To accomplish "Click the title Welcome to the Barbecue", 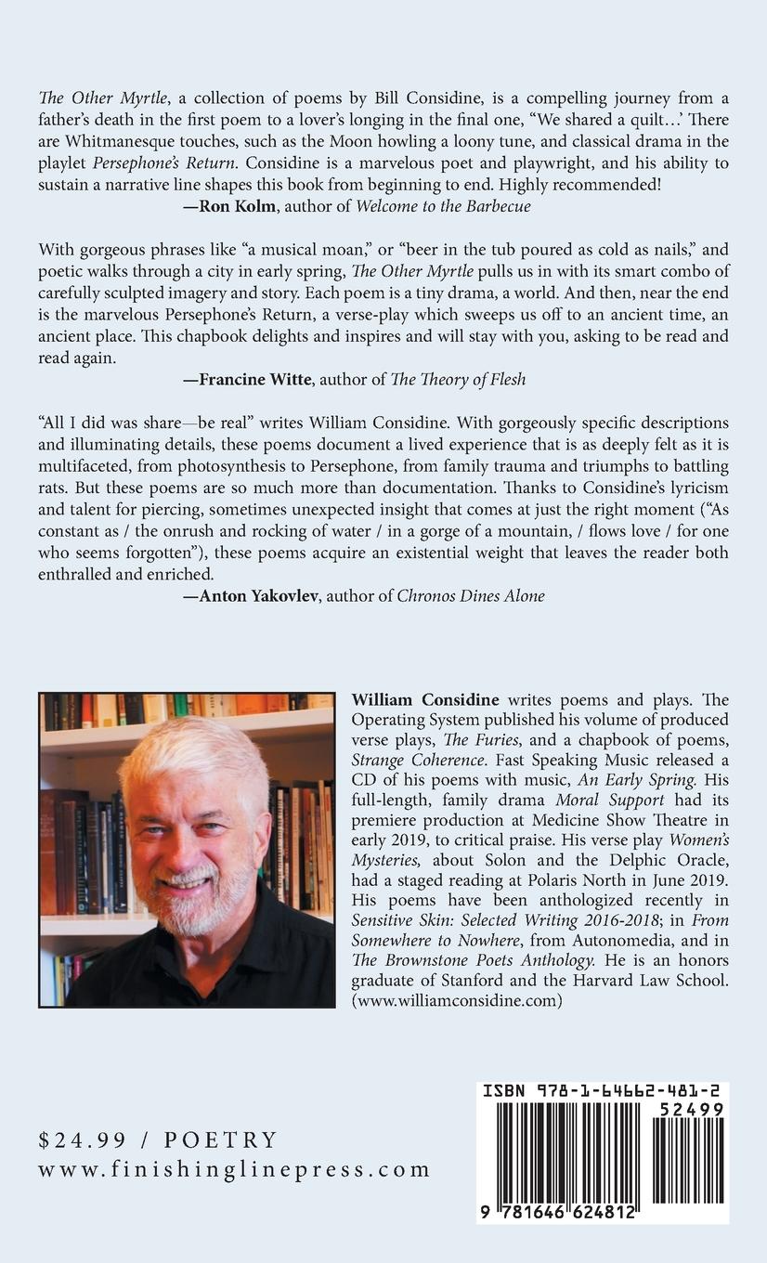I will pos(444,206).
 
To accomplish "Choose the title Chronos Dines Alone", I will pos(471,595).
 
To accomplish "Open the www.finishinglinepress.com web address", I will pos(234,1169).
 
